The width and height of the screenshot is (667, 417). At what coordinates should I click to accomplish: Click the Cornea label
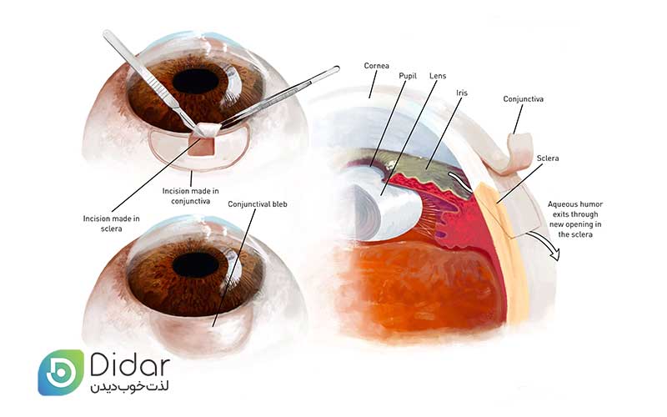[x=377, y=66]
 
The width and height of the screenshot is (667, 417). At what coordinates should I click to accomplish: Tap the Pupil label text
[x=408, y=76]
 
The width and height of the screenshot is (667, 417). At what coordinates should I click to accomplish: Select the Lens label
[x=438, y=76]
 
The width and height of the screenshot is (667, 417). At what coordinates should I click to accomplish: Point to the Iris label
[x=462, y=93]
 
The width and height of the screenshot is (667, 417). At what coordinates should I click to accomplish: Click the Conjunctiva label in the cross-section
[x=524, y=99]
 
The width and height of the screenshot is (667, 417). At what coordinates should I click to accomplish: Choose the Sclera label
[x=548, y=158]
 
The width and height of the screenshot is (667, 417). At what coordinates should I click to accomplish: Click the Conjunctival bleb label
[x=258, y=204]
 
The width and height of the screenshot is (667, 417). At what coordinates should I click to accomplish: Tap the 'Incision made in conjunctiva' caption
[x=191, y=196]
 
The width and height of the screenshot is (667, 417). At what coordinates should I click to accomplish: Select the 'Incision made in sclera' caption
[x=112, y=224]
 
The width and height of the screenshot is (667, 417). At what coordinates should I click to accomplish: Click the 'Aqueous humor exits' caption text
[x=575, y=219]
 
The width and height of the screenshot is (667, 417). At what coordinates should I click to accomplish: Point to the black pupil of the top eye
[x=195, y=81]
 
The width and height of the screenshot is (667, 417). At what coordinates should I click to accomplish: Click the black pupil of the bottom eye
[x=195, y=264]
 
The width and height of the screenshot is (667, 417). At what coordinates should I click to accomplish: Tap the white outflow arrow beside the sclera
[x=545, y=244]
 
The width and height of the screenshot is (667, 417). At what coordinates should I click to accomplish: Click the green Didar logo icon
[x=61, y=372]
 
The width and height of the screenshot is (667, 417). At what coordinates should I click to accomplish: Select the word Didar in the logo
[x=130, y=365]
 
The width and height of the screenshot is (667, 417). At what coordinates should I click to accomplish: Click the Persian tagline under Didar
[x=129, y=388]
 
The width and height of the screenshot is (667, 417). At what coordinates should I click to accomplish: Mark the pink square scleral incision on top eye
[x=201, y=146]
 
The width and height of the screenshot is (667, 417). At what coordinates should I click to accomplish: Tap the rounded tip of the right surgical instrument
[x=337, y=68]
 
